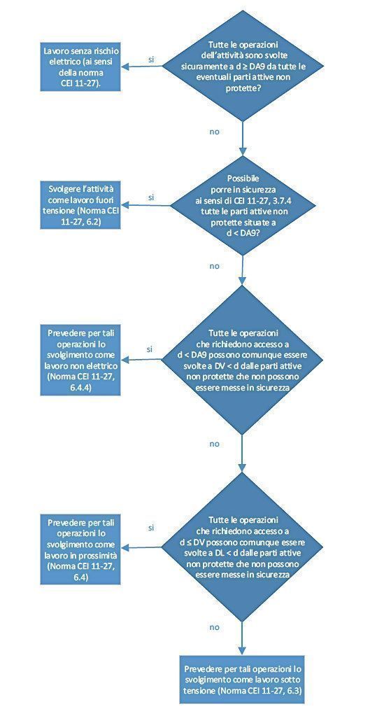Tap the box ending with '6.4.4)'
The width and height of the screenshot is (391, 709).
click(80, 360)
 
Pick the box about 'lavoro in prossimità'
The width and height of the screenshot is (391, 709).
click(80, 549)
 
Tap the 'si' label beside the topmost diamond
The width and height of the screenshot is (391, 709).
click(151, 59)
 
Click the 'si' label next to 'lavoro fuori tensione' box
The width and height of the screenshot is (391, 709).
click(151, 197)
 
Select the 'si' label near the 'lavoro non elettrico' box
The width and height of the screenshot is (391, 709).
click(150, 349)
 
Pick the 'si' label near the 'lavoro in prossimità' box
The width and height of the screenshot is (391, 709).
click(151, 528)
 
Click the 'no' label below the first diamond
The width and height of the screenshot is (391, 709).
click(214, 132)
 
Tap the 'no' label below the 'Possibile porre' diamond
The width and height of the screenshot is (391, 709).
click(214, 266)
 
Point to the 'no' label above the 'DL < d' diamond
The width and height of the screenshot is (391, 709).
click(214, 444)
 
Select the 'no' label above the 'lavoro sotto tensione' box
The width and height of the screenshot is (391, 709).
click(214, 628)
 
